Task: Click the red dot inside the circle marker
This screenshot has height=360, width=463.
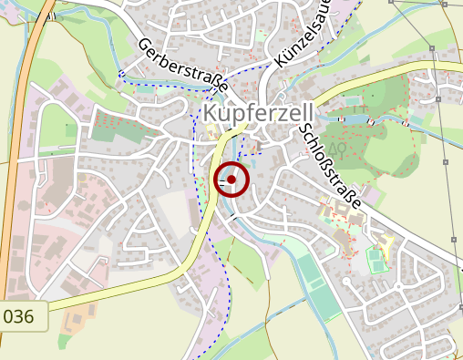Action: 231,180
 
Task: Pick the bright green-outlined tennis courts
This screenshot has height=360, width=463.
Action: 376,259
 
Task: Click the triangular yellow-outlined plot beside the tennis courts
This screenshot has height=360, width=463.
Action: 389,243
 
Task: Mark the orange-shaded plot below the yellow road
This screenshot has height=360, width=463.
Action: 78,318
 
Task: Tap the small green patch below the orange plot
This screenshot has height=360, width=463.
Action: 64,342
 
